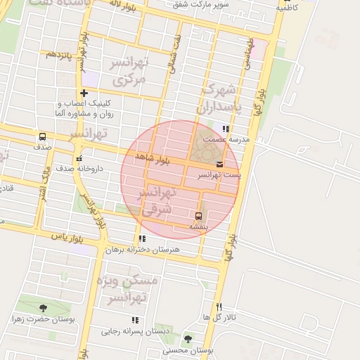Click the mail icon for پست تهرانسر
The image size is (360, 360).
point(220,164)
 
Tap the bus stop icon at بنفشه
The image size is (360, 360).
point(198,216)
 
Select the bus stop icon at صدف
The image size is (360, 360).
point(42,137)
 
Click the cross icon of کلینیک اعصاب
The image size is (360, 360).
point(84,93)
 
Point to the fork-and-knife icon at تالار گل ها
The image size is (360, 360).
point(219,307)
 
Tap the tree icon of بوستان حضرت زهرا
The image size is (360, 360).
point(44,308)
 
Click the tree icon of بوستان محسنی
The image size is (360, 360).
point(186,339)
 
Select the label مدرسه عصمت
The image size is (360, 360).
point(239,139)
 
